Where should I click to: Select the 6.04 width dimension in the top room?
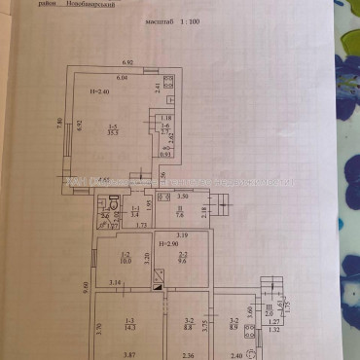[123, 77]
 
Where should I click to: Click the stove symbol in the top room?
[167, 86]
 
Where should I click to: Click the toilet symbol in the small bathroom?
[114, 203]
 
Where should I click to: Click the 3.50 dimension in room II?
[180, 198]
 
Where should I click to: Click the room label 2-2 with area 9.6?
[181, 258]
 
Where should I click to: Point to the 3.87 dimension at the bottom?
[128, 356]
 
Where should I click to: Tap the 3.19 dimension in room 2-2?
[182, 234]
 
